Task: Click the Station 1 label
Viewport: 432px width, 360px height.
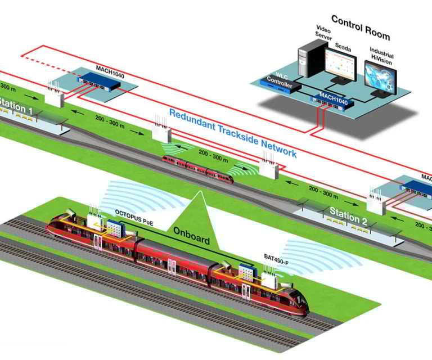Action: pos(16,105)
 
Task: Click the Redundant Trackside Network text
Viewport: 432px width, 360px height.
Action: pos(232,133)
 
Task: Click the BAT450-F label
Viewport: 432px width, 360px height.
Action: pos(278,256)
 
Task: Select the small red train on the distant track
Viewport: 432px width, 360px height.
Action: pos(197,168)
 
